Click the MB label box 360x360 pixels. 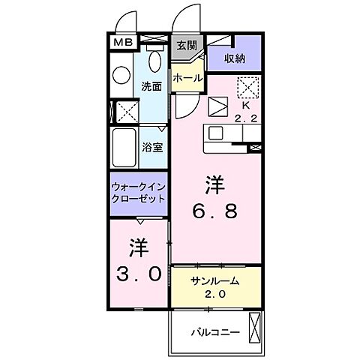pyautogui.click(x=121, y=43)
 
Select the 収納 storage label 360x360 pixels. pyautogui.click(x=235, y=58)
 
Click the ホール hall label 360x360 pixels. pyautogui.click(x=187, y=78)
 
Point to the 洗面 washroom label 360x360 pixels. pyautogui.click(x=152, y=86)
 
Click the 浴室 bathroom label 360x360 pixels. pyautogui.click(x=153, y=146)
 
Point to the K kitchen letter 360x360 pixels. pyautogui.click(x=244, y=106)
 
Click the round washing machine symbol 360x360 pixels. pyautogui.click(x=122, y=76)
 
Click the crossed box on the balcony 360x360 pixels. pyautogui.click(x=256, y=328)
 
